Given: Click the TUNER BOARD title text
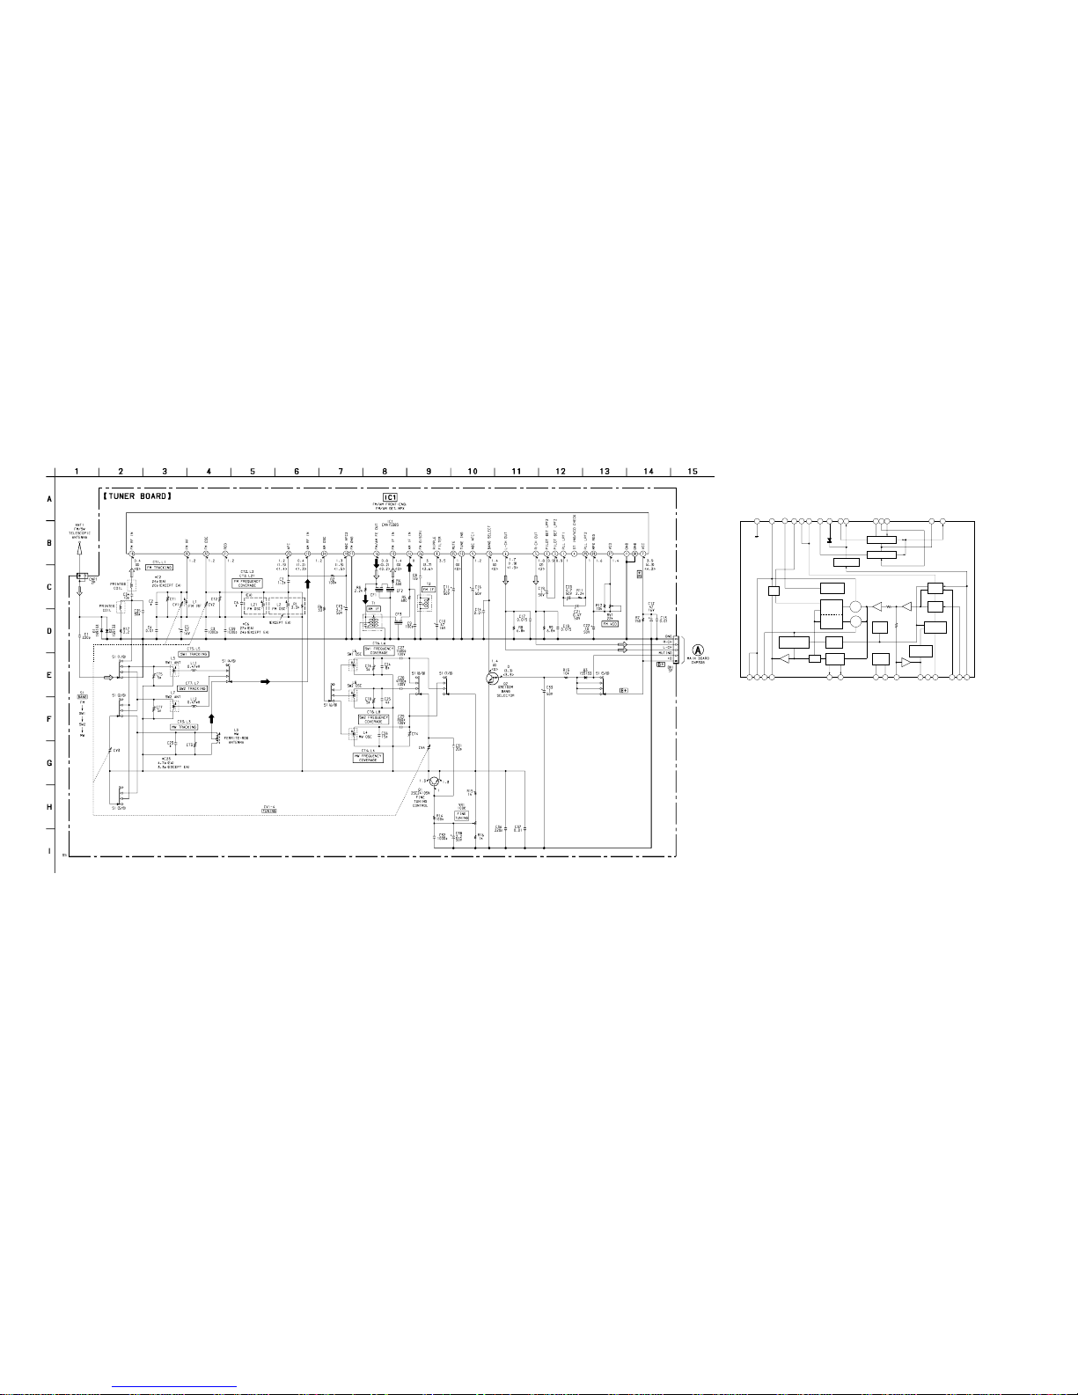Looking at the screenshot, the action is tap(136, 496).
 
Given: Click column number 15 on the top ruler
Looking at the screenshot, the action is tap(693, 472).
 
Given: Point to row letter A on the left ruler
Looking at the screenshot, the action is tap(49, 498).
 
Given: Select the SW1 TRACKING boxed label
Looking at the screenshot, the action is tap(194, 654).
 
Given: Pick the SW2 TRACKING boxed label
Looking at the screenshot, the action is tap(193, 688).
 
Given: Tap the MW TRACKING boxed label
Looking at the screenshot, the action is tap(184, 727).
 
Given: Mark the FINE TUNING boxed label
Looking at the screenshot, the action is tap(462, 814).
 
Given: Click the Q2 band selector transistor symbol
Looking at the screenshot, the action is tap(492, 677).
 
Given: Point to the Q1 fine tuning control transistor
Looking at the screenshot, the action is tap(433, 781).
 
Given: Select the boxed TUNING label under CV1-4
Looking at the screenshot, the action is tap(268, 811).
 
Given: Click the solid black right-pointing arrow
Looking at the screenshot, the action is tap(264, 681).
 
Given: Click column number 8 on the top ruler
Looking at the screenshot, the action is tap(385, 472).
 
